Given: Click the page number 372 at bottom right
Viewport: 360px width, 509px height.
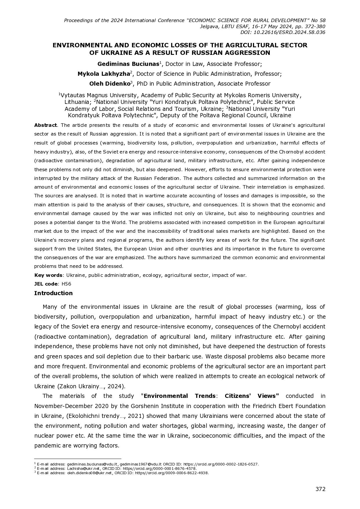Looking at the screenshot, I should (320, 489).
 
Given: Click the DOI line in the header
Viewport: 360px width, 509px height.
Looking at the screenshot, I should (283, 32).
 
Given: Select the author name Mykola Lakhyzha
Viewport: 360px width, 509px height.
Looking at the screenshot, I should (104, 74).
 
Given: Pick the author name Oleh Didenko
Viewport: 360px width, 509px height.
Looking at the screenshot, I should (110, 84).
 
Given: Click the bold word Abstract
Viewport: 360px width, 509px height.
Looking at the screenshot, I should (46, 125).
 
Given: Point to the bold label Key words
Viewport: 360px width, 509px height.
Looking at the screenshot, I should (48, 275).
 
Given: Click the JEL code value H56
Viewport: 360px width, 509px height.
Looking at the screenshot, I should (66, 284).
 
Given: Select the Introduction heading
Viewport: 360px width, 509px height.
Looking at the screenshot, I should (53, 293).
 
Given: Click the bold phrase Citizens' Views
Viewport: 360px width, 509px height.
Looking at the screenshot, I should (252, 396).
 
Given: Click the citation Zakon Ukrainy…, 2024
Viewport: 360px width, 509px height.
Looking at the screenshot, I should (91, 386).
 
